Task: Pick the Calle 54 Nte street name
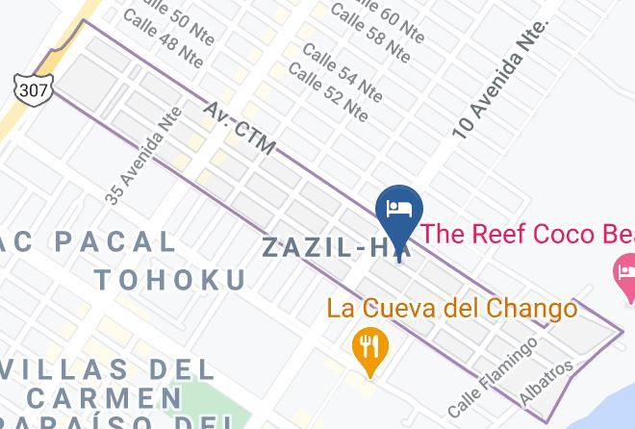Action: pos(342,71)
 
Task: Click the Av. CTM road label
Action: pos(240,129)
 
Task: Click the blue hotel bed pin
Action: pos(399,211)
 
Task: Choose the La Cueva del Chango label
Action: pos(452,308)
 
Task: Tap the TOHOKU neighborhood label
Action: pos(169,280)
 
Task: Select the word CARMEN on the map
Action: pos(107,396)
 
